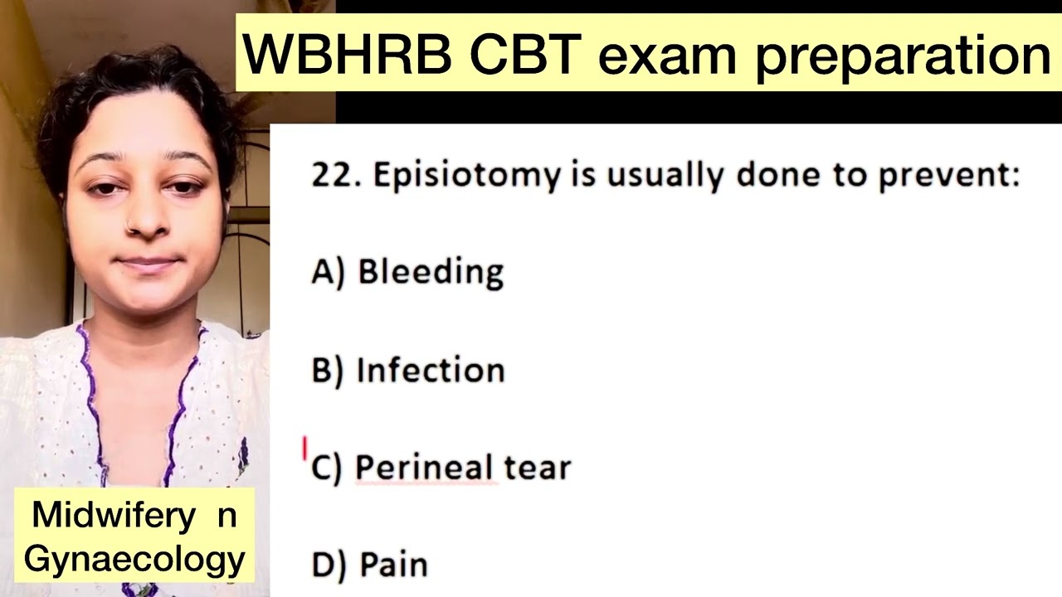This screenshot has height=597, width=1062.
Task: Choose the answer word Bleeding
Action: (x=430, y=272)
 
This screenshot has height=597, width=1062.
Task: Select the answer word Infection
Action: (x=430, y=370)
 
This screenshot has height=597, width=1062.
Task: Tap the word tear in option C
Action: (x=538, y=468)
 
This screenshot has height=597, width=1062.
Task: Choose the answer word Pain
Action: (x=393, y=565)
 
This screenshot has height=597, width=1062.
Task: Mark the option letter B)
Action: (x=327, y=370)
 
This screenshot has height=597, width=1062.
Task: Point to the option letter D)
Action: (x=328, y=565)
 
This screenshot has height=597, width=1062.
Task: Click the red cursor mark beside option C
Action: (x=304, y=449)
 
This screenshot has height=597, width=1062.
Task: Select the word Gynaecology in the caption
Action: (x=134, y=559)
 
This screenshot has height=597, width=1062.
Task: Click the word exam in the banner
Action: (x=667, y=55)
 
